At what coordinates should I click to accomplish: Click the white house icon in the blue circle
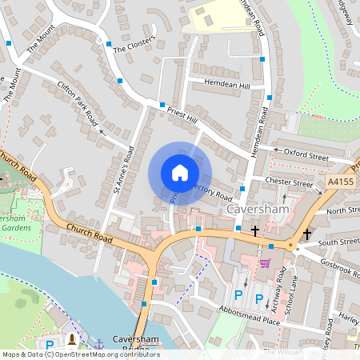(x=179, y=172)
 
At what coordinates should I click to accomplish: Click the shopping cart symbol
(x=265, y=262)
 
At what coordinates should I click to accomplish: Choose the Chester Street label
(x=289, y=183)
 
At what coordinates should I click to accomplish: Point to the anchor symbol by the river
(x=99, y=343)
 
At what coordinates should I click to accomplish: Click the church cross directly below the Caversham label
(x=254, y=230)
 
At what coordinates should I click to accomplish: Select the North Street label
(x=343, y=210)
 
